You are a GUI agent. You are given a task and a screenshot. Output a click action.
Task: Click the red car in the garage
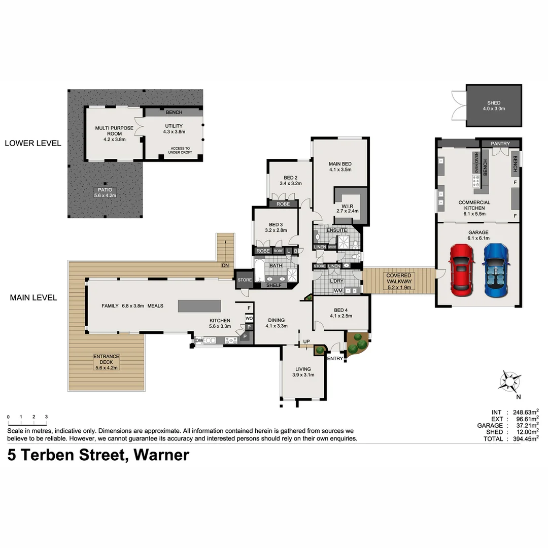tap(461, 270)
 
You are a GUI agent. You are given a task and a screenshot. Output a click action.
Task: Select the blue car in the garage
tap(495, 270)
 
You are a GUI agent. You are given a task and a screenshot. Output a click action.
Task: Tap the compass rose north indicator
tap(510, 382)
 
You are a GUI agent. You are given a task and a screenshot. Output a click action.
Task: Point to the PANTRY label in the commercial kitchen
tap(500, 144)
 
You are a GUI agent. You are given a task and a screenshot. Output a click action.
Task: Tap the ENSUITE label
tap(336, 230)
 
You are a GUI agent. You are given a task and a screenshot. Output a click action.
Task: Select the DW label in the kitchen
tap(199, 340)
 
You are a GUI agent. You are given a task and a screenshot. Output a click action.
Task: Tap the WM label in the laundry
tap(338, 291)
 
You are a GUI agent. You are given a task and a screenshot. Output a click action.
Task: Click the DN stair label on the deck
tap(225, 265)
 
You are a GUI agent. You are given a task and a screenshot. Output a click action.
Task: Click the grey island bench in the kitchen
tap(199, 306)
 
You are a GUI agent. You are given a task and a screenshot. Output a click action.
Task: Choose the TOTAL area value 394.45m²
tap(522, 439)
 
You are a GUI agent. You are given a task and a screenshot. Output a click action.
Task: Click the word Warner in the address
tap(161, 455)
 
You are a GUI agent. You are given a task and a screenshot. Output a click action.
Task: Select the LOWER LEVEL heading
tap(33, 143)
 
